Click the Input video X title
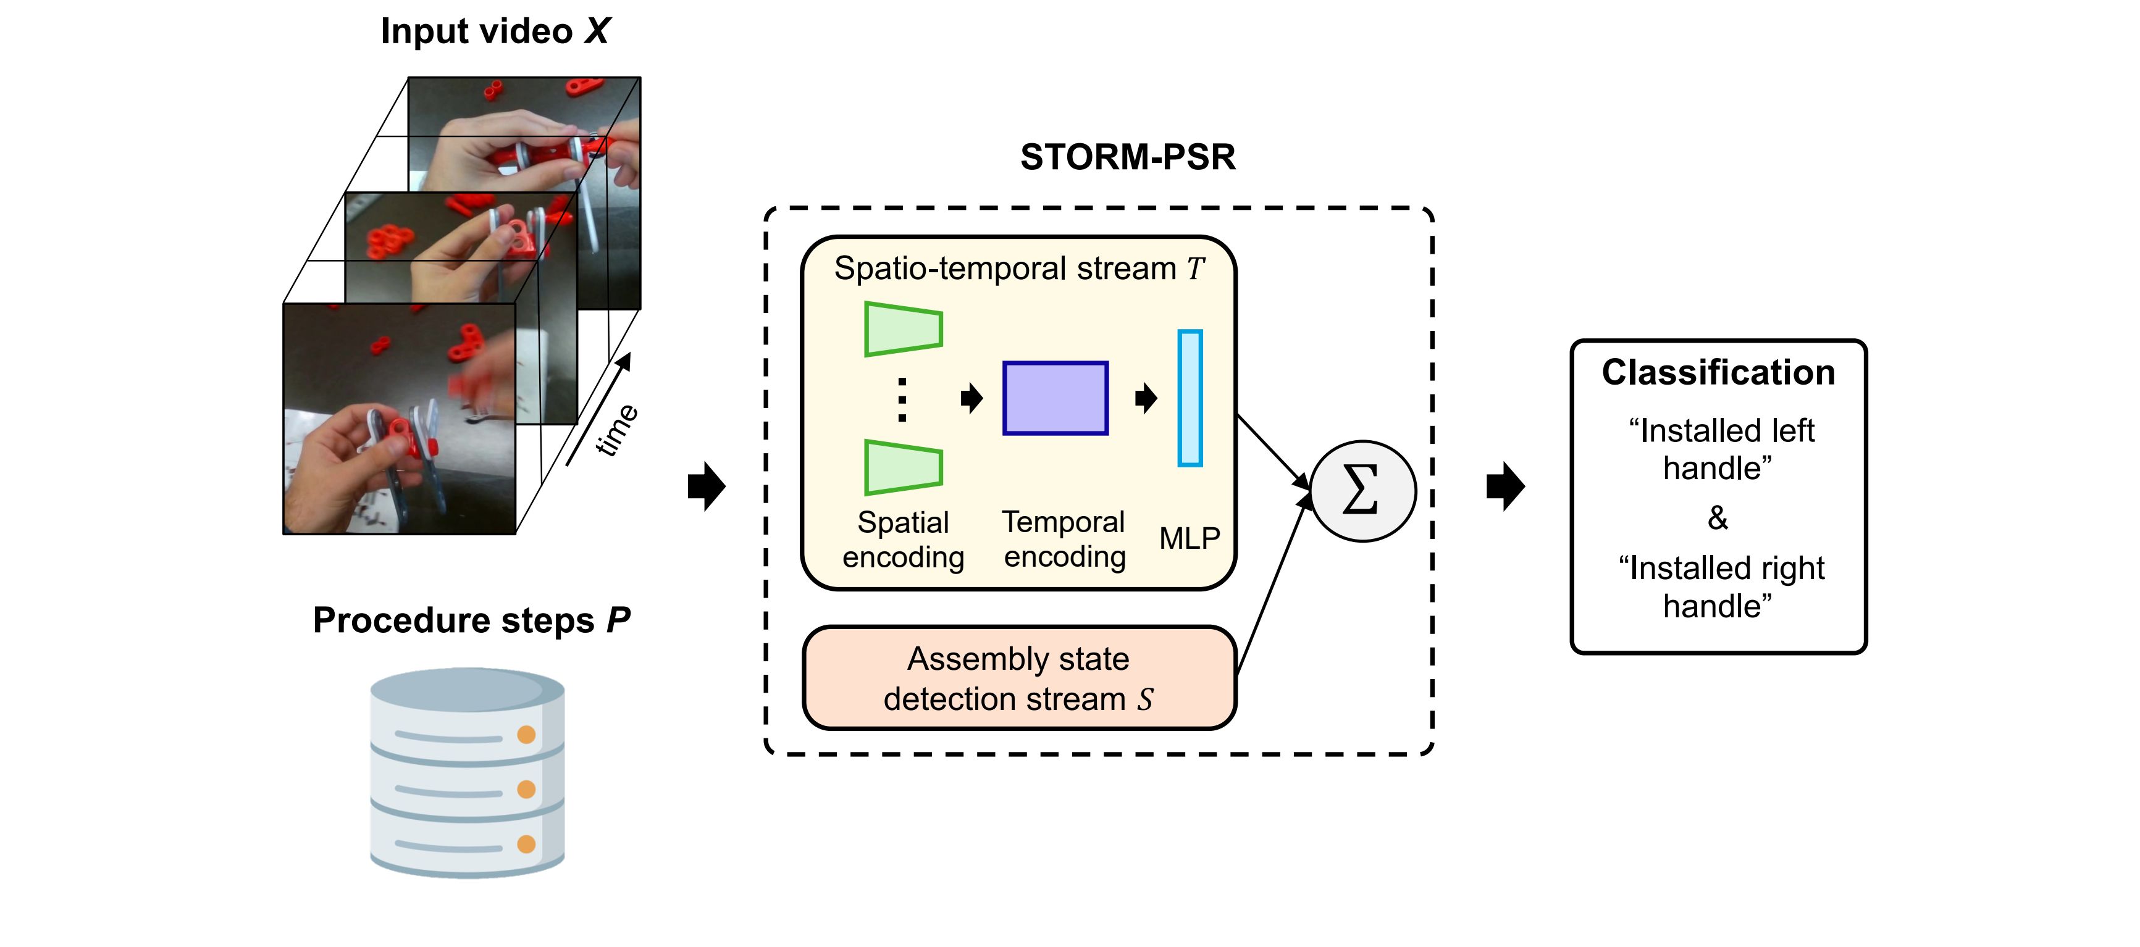(495, 31)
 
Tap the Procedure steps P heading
(471, 620)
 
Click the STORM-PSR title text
(1127, 157)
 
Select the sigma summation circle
(1362, 491)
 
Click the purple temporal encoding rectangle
(1055, 398)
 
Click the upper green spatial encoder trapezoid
(903, 329)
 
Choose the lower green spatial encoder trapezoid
(903, 468)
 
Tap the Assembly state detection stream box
(1019, 678)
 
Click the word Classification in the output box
(1718, 372)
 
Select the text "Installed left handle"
(1719, 449)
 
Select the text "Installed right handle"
(1719, 587)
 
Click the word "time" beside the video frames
(616, 430)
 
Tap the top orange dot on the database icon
(526, 735)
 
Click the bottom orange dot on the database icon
(526, 844)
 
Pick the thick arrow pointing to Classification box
(1505, 486)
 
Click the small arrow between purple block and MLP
(1146, 398)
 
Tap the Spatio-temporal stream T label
(1019, 269)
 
